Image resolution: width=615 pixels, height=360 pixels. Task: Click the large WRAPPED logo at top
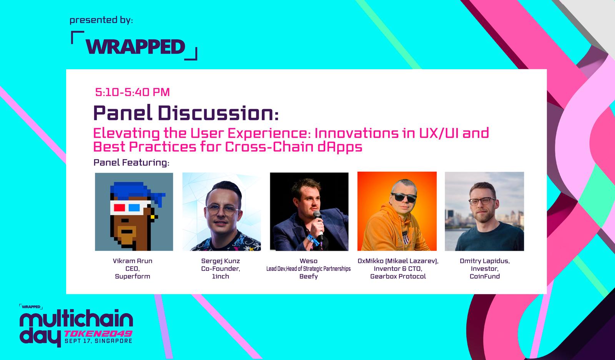pos(134,46)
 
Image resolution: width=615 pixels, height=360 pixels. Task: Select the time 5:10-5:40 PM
pos(132,92)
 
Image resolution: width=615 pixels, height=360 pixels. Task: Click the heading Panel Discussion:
pos(186,113)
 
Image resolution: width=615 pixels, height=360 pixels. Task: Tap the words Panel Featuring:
pos(131,162)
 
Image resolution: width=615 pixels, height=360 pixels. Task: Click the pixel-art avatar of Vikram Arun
pos(134,212)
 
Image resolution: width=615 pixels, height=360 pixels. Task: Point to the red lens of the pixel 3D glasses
pos(120,207)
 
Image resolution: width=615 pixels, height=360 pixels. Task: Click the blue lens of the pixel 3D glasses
pos(134,207)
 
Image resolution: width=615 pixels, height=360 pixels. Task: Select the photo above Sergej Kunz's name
pos(221,212)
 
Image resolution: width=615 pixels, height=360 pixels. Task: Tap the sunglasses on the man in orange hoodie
pos(404,197)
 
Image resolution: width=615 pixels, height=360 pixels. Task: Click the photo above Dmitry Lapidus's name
pos(484,211)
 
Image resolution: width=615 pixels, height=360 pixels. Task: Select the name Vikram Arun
pos(133,261)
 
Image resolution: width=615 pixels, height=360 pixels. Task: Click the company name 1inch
pos(221,276)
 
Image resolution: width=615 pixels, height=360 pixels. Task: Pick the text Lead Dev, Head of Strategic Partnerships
pos(309,268)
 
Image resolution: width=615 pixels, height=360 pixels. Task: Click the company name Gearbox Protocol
pos(398,276)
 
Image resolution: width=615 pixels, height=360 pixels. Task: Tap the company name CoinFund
pos(485,276)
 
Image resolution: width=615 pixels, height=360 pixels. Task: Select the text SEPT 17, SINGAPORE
pos(98,341)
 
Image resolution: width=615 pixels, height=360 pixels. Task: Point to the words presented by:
pos(101,20)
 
